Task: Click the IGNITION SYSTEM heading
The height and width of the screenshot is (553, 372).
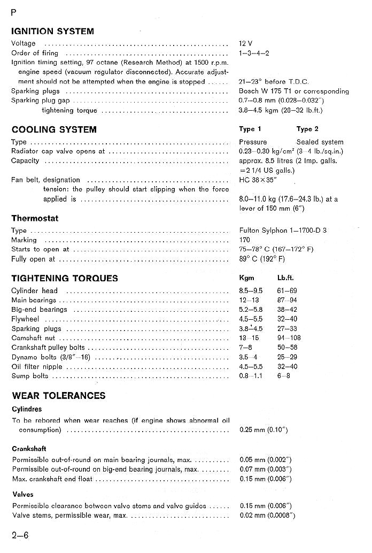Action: point(52,31)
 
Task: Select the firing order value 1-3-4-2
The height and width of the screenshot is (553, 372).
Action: point(254,53)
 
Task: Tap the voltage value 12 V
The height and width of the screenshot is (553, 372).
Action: point(246,43)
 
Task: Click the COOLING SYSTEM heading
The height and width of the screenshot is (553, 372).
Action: point(54,129)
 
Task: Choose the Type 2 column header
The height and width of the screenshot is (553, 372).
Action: point(307,129)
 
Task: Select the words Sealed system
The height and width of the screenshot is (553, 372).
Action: point(320,142)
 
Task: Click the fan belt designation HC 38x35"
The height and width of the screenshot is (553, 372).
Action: point(259,180)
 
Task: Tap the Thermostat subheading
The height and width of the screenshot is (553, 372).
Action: point(35,218)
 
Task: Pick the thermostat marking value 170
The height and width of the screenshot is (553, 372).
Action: point(244,240)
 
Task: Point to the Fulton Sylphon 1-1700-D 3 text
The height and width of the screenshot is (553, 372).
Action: point(283,231)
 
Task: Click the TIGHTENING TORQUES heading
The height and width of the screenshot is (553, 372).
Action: point(65,278)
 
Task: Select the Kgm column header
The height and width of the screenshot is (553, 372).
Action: point(246,278)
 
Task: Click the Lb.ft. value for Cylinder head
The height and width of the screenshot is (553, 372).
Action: point(287,290)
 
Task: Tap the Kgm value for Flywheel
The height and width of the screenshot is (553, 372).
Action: point(251,319)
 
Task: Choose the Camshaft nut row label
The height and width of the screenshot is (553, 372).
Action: point(33,339)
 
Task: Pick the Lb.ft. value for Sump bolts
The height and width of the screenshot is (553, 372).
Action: point(284,376)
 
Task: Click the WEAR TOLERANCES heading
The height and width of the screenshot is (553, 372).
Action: point(58,396)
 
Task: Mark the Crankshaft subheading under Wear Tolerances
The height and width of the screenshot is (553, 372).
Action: point(29,449)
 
